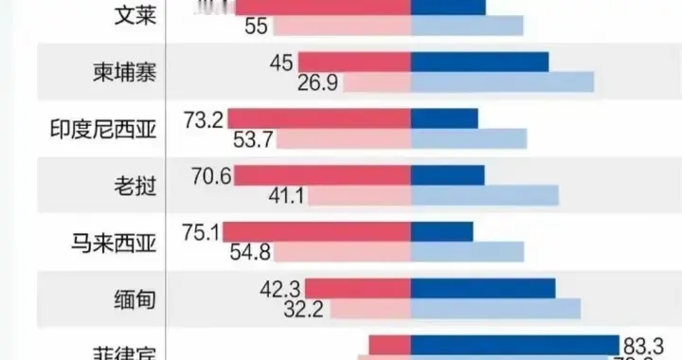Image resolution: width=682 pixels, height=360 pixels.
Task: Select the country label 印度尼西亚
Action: [x=102, y=129]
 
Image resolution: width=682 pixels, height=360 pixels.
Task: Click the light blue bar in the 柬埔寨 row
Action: [x=502, y=82]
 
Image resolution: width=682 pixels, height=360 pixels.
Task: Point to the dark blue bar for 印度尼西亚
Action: [x=444, y=118]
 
